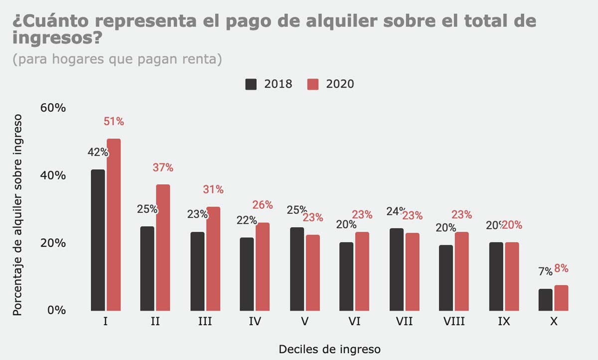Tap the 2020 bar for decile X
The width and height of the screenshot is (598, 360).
pyautogui.click(x=561, y=298)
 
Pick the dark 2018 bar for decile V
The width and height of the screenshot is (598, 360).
pyautogui.click(x=297, y=269)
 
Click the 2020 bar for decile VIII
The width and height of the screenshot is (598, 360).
pyautogui.click(x=462, y=271)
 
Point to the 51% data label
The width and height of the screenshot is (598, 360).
pyautogui.click(x=114, y=121)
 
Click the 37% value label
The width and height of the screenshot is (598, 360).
pyautogui.click(x=163, y=168)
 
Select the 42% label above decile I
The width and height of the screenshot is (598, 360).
pyautogui.click(x=98, y=153)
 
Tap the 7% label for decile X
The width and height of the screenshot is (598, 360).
pyautogui.click(x=545, y=272)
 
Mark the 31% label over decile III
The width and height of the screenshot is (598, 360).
pyautogui.click(x=213, y=189)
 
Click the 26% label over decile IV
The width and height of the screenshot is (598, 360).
pyautogui.click(x=262, y=205)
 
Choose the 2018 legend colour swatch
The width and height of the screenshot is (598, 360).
pyautogui.click(x=251, y=84)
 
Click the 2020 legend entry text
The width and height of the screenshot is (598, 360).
pyautogui.click(x=340, y=84)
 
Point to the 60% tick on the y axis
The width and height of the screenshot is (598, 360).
pyautogui.click(x=53, y=108)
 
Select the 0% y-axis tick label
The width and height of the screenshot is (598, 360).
pyautogui.click(x=56, y=310)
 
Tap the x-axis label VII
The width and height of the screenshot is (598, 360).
pyautogui.click(x=404, y=322)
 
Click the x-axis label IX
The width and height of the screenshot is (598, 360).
pyautogui.click(x=503, y=322)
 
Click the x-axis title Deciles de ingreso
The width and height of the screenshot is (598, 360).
pyautogui.click(x=329, y=349)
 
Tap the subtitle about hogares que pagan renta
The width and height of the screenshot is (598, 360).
pyautogui.click(x=117, y=59)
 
